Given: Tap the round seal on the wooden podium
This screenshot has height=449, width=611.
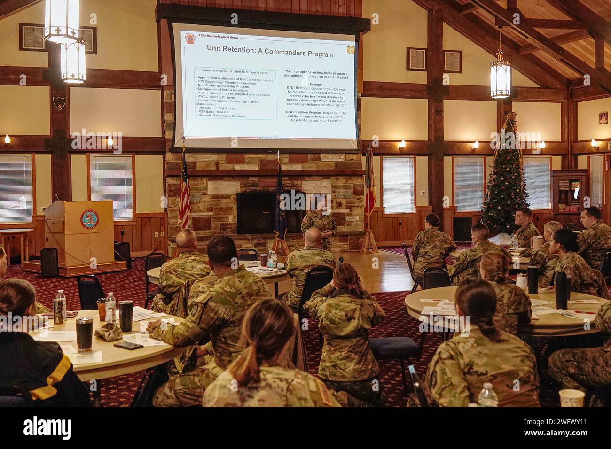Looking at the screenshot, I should click(x=89, y=219).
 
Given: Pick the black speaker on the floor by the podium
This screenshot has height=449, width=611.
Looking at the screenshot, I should click(x=49, y=262).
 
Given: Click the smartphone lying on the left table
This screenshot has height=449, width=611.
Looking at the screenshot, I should click(x=128, y=345).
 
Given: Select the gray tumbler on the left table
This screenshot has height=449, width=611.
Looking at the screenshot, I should click(x=84, y=334).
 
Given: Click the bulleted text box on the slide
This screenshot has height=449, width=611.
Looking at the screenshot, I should click(x=235, y=93).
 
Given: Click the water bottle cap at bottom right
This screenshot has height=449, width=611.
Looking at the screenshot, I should click(x=488, y=387).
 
